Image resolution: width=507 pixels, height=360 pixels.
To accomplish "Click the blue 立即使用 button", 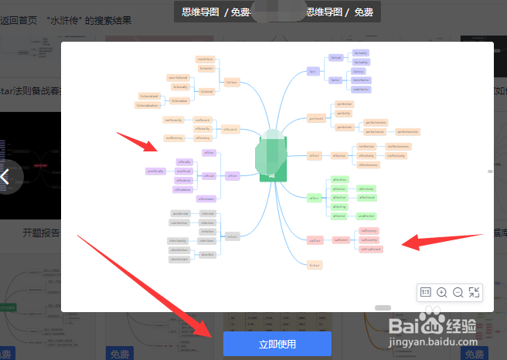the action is (x=277, y=344).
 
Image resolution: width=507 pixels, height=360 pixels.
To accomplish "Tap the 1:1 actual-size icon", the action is (x=425, y=292).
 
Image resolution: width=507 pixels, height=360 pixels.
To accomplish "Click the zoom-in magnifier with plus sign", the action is (x=442, y=292).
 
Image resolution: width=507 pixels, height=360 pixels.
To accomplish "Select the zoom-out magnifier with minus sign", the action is (x=458, y=292).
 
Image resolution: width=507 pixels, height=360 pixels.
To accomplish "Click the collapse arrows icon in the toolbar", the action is (x=475, y=292).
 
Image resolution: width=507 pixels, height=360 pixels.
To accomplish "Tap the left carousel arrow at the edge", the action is (x=6, y=176).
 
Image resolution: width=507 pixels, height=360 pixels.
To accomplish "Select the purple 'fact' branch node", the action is (x=313, y=71).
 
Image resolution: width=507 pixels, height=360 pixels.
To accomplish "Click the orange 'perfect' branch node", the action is (x=315, y=119).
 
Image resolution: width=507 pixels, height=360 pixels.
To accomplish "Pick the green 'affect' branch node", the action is (x=314, y=199).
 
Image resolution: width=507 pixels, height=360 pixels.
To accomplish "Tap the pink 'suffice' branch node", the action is (x=314, y=240).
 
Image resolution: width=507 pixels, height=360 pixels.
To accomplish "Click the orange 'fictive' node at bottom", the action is (x=314, y=265).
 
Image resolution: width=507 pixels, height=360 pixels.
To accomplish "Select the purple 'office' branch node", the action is (x=233, y=175).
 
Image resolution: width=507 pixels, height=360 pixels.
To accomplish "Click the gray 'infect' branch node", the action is (x=233, y=236).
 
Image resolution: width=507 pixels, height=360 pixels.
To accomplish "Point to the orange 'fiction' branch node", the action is (x=232, y=82).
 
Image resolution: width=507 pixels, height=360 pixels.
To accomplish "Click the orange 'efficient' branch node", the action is (x=230, y=129).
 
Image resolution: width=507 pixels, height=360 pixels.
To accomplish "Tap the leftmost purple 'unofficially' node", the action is (x=155, y=171).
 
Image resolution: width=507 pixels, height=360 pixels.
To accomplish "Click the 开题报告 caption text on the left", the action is (x=40, y=232).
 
